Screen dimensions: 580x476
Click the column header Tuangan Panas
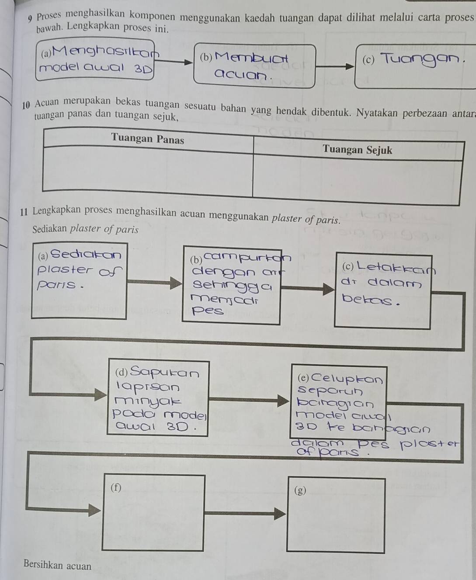coord(147,139)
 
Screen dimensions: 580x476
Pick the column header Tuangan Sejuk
coord(358,150)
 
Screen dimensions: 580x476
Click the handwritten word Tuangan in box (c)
coord(420,60)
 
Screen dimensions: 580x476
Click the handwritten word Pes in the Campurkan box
coord(208,311)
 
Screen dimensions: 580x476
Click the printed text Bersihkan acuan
coord(58,566)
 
